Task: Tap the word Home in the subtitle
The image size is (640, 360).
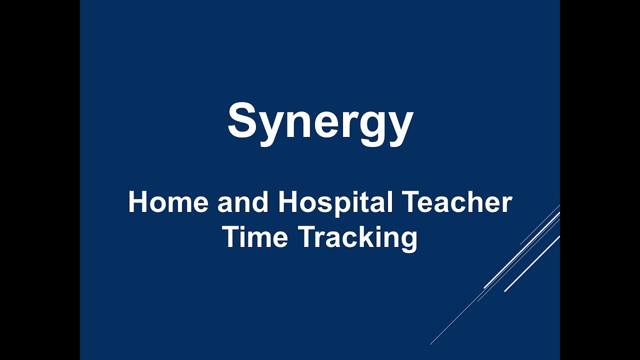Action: coord(167,202)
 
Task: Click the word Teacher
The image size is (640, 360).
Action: coord(457,202)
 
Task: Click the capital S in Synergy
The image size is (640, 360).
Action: coord(243,120)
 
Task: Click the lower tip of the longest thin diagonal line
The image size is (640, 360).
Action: coord(430,344)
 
